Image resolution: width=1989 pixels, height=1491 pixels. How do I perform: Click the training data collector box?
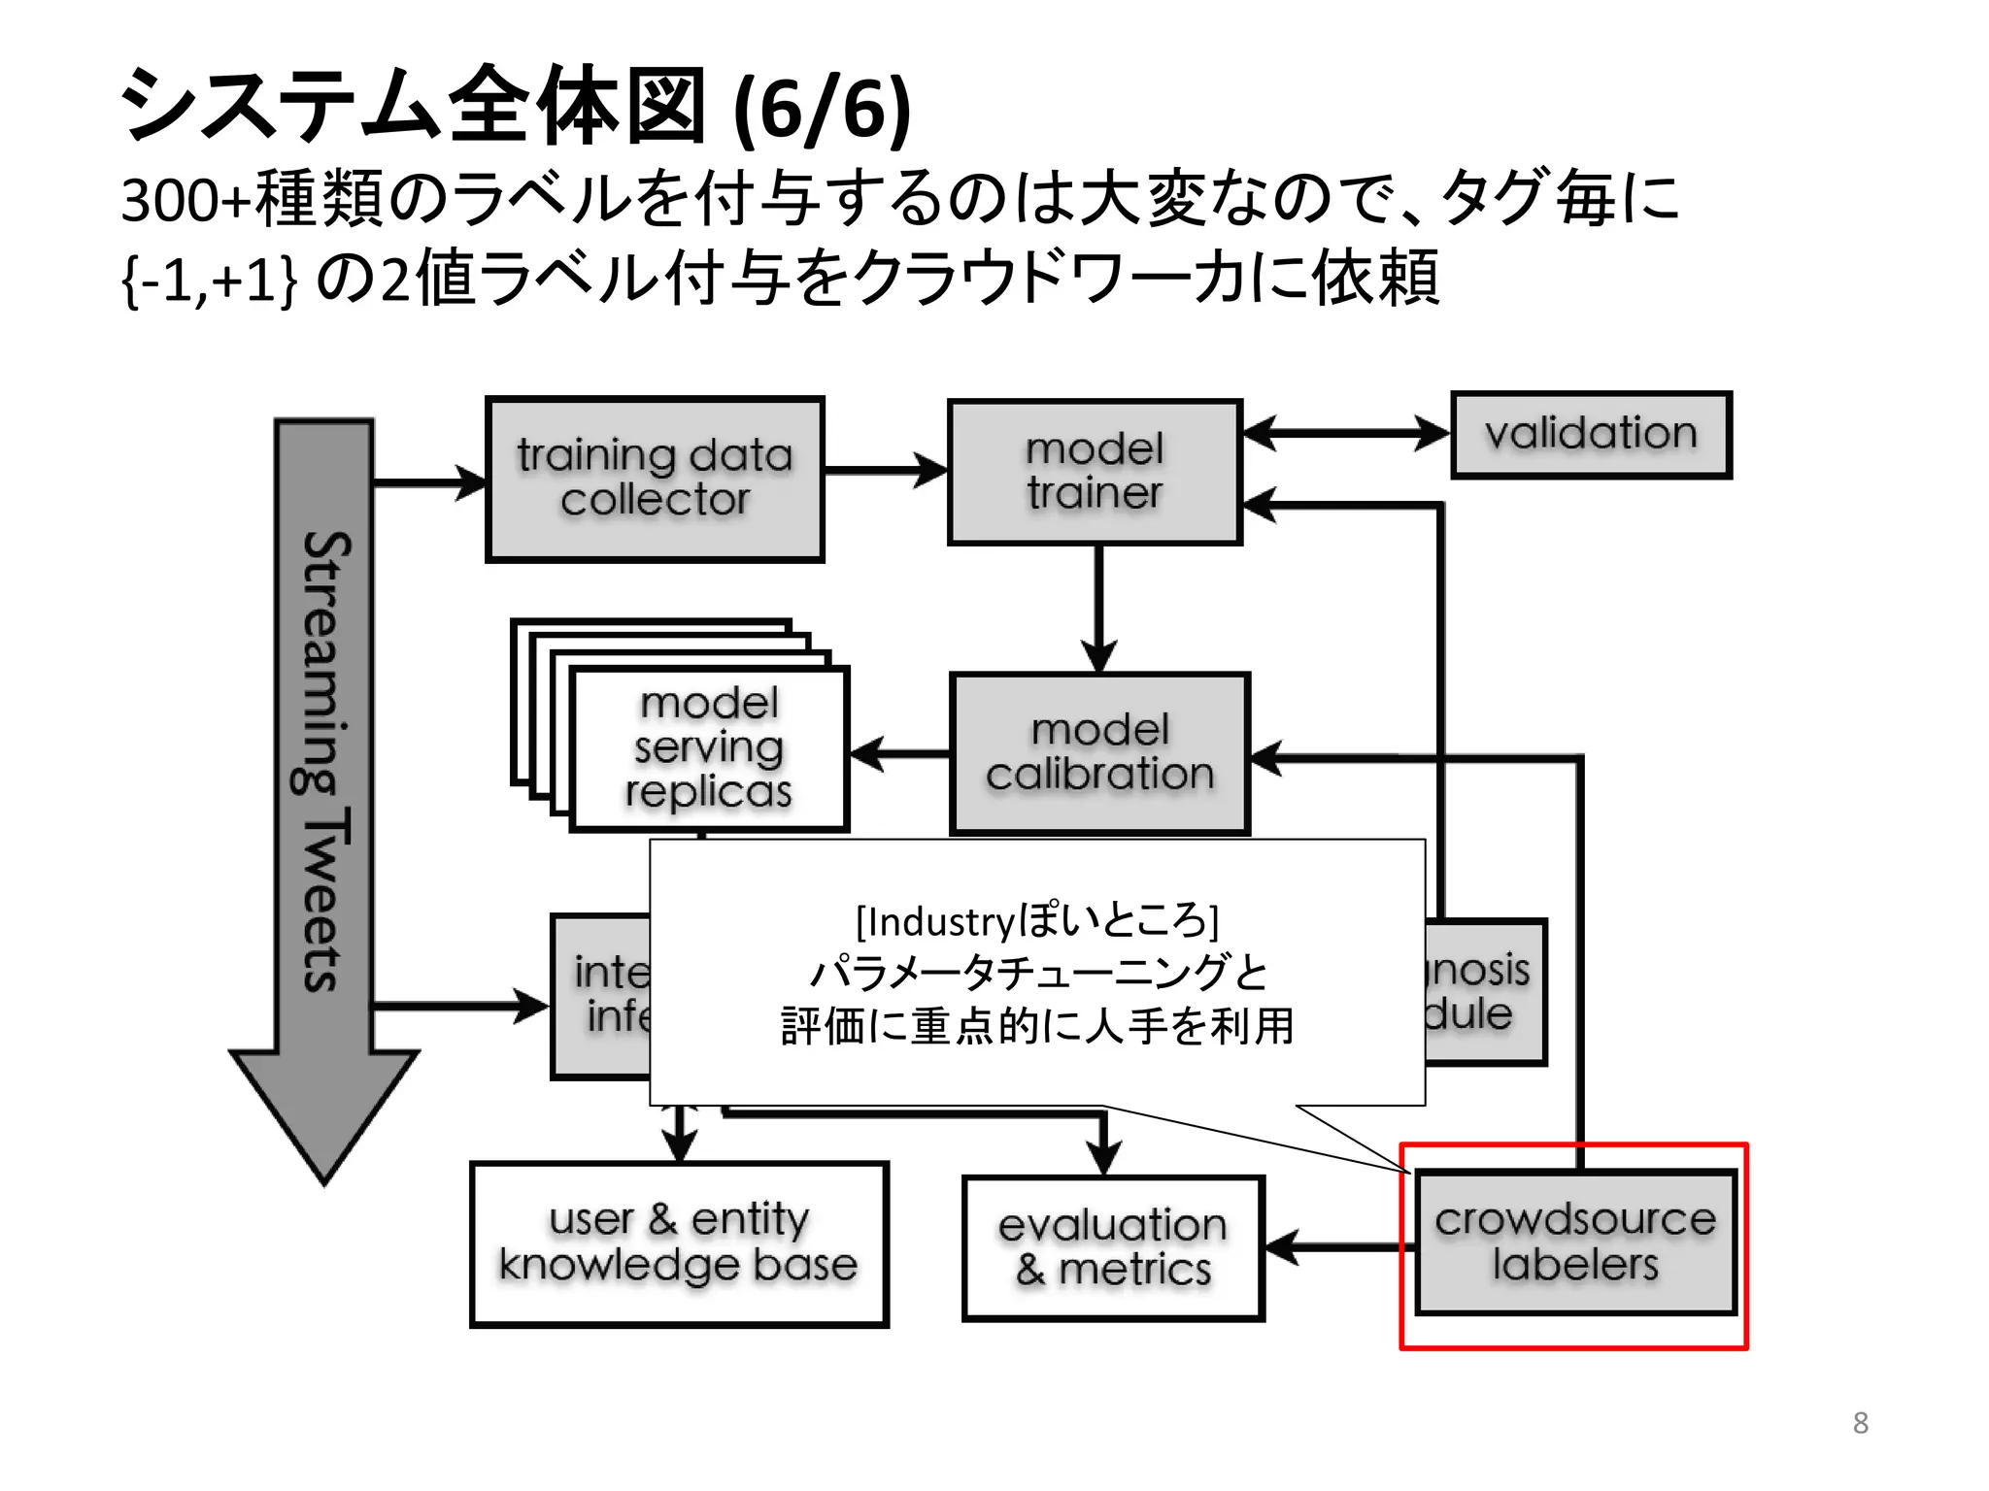655,479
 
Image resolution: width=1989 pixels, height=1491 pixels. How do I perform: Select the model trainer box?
1095,472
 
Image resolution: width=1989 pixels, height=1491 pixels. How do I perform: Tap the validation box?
1591,434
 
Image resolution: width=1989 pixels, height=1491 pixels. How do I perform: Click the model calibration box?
1099,753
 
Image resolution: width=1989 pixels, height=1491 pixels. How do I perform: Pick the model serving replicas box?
709,747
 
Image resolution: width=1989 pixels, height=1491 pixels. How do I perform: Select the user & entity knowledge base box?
679,1243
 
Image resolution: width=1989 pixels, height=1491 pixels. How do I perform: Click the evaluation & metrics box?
1113,1247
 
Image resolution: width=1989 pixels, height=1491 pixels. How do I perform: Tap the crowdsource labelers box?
1575,1242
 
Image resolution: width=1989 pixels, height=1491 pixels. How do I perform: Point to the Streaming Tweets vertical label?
322,762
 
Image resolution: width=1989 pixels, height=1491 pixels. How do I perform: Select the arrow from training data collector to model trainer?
884,472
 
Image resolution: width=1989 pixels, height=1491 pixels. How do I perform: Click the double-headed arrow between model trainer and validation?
1346,433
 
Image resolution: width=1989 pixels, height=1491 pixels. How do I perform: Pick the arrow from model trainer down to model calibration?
1098,607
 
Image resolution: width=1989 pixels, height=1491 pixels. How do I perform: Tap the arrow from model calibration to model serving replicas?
899,753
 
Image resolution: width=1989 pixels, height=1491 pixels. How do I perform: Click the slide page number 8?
1860,1423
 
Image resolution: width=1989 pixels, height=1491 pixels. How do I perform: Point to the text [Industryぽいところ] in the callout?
1036,920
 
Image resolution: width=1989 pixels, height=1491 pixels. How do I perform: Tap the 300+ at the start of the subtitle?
185,200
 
